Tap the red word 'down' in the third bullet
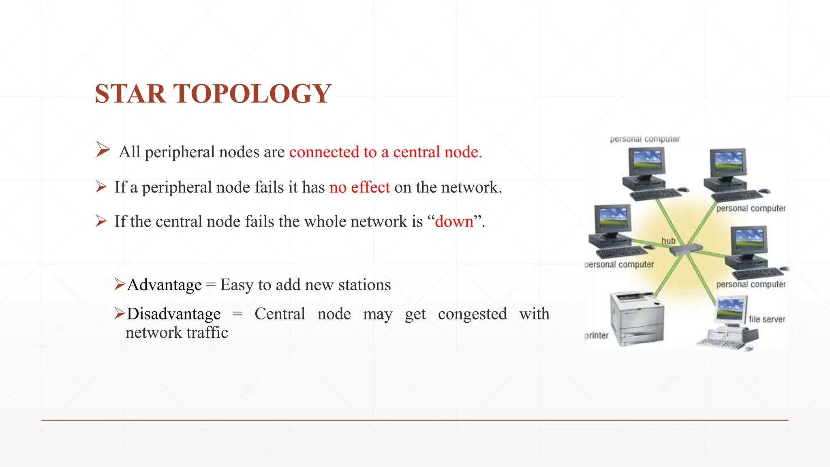(x=454, y=222)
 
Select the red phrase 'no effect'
(x=359, y=187)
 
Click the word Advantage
(x=164, y=285)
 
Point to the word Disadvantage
(x=174, y=314)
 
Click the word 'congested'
(x=472, y=314)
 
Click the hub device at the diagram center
(x=686, y=249)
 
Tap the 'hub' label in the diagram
(x=668, y=241)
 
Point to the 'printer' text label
(x=597, y=336)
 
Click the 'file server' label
(x=767, y=319)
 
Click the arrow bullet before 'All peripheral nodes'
(x=103, y=150)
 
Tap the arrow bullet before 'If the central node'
(x=101, y=221)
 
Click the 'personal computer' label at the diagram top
(x=644, y=139)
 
